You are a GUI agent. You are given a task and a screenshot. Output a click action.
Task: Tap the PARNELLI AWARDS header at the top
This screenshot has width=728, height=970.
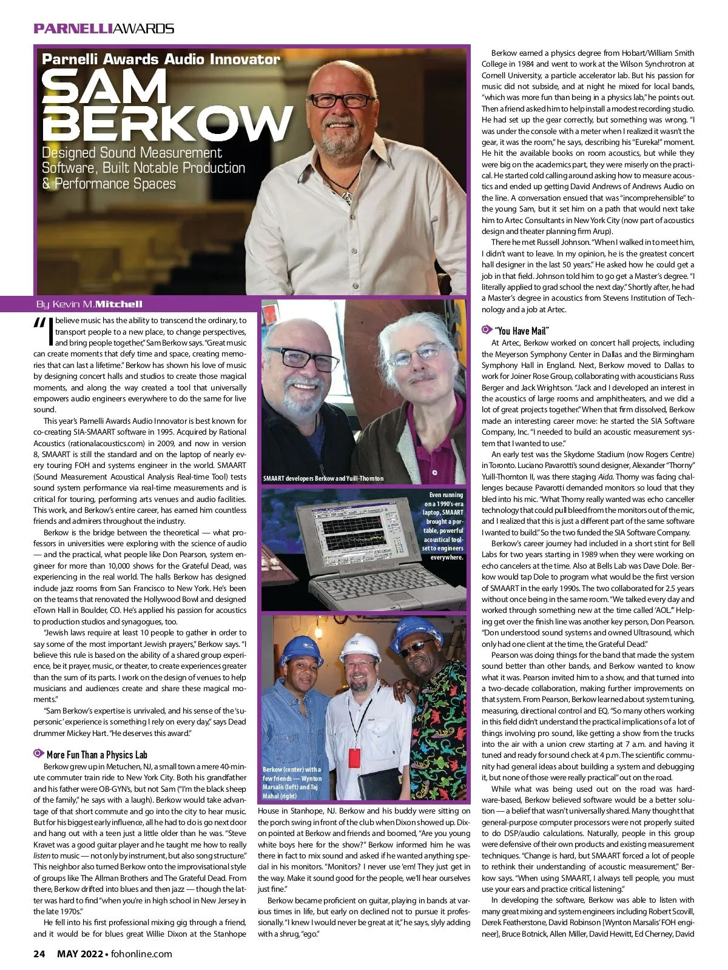104,28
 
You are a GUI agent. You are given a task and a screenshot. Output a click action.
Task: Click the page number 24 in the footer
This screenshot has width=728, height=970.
39,954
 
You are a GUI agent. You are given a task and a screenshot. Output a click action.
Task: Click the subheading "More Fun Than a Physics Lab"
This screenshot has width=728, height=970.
97,755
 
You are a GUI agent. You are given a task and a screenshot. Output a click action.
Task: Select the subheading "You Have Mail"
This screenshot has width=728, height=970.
522,330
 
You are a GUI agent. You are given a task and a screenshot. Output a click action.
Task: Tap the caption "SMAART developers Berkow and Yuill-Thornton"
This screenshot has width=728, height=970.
323,478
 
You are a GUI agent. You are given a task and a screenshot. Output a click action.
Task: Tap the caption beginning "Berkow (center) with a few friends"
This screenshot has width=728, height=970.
292,782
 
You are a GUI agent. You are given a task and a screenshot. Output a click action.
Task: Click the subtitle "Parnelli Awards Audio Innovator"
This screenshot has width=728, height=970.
161,59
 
